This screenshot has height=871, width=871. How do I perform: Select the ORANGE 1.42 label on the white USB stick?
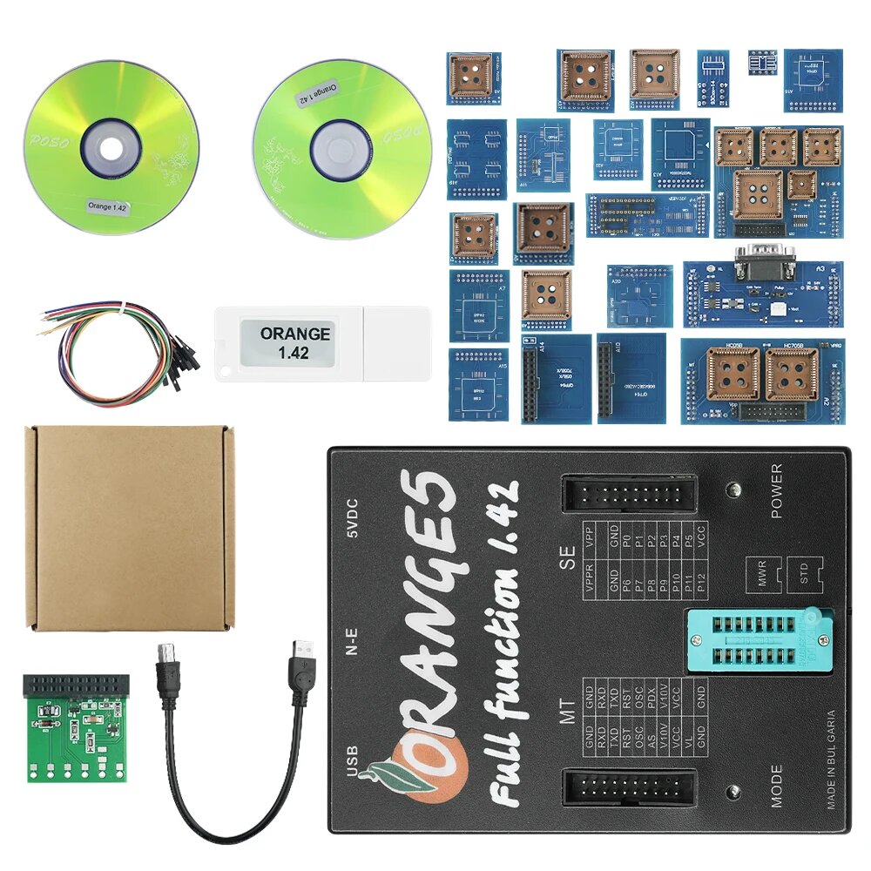[296, 342]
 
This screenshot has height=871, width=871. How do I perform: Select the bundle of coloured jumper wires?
[118, 348]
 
